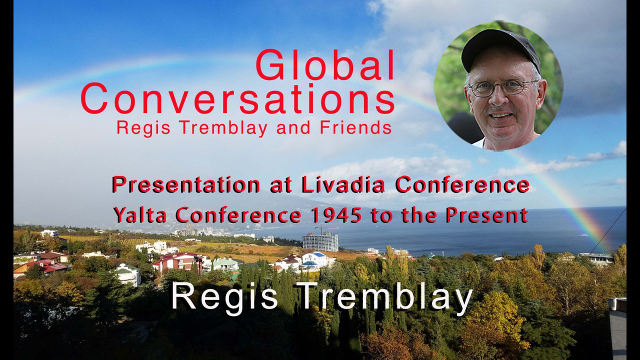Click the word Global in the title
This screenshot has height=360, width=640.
325,65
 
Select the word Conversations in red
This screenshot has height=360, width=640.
237,99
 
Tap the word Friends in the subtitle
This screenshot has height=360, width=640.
355,127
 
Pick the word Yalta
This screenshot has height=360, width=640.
139,215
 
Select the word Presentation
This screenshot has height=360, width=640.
185,185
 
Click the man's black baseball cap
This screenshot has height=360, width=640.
500,50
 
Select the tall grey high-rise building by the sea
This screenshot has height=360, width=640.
320,241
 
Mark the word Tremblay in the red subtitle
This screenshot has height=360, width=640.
223,128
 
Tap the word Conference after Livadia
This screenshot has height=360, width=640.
462,185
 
